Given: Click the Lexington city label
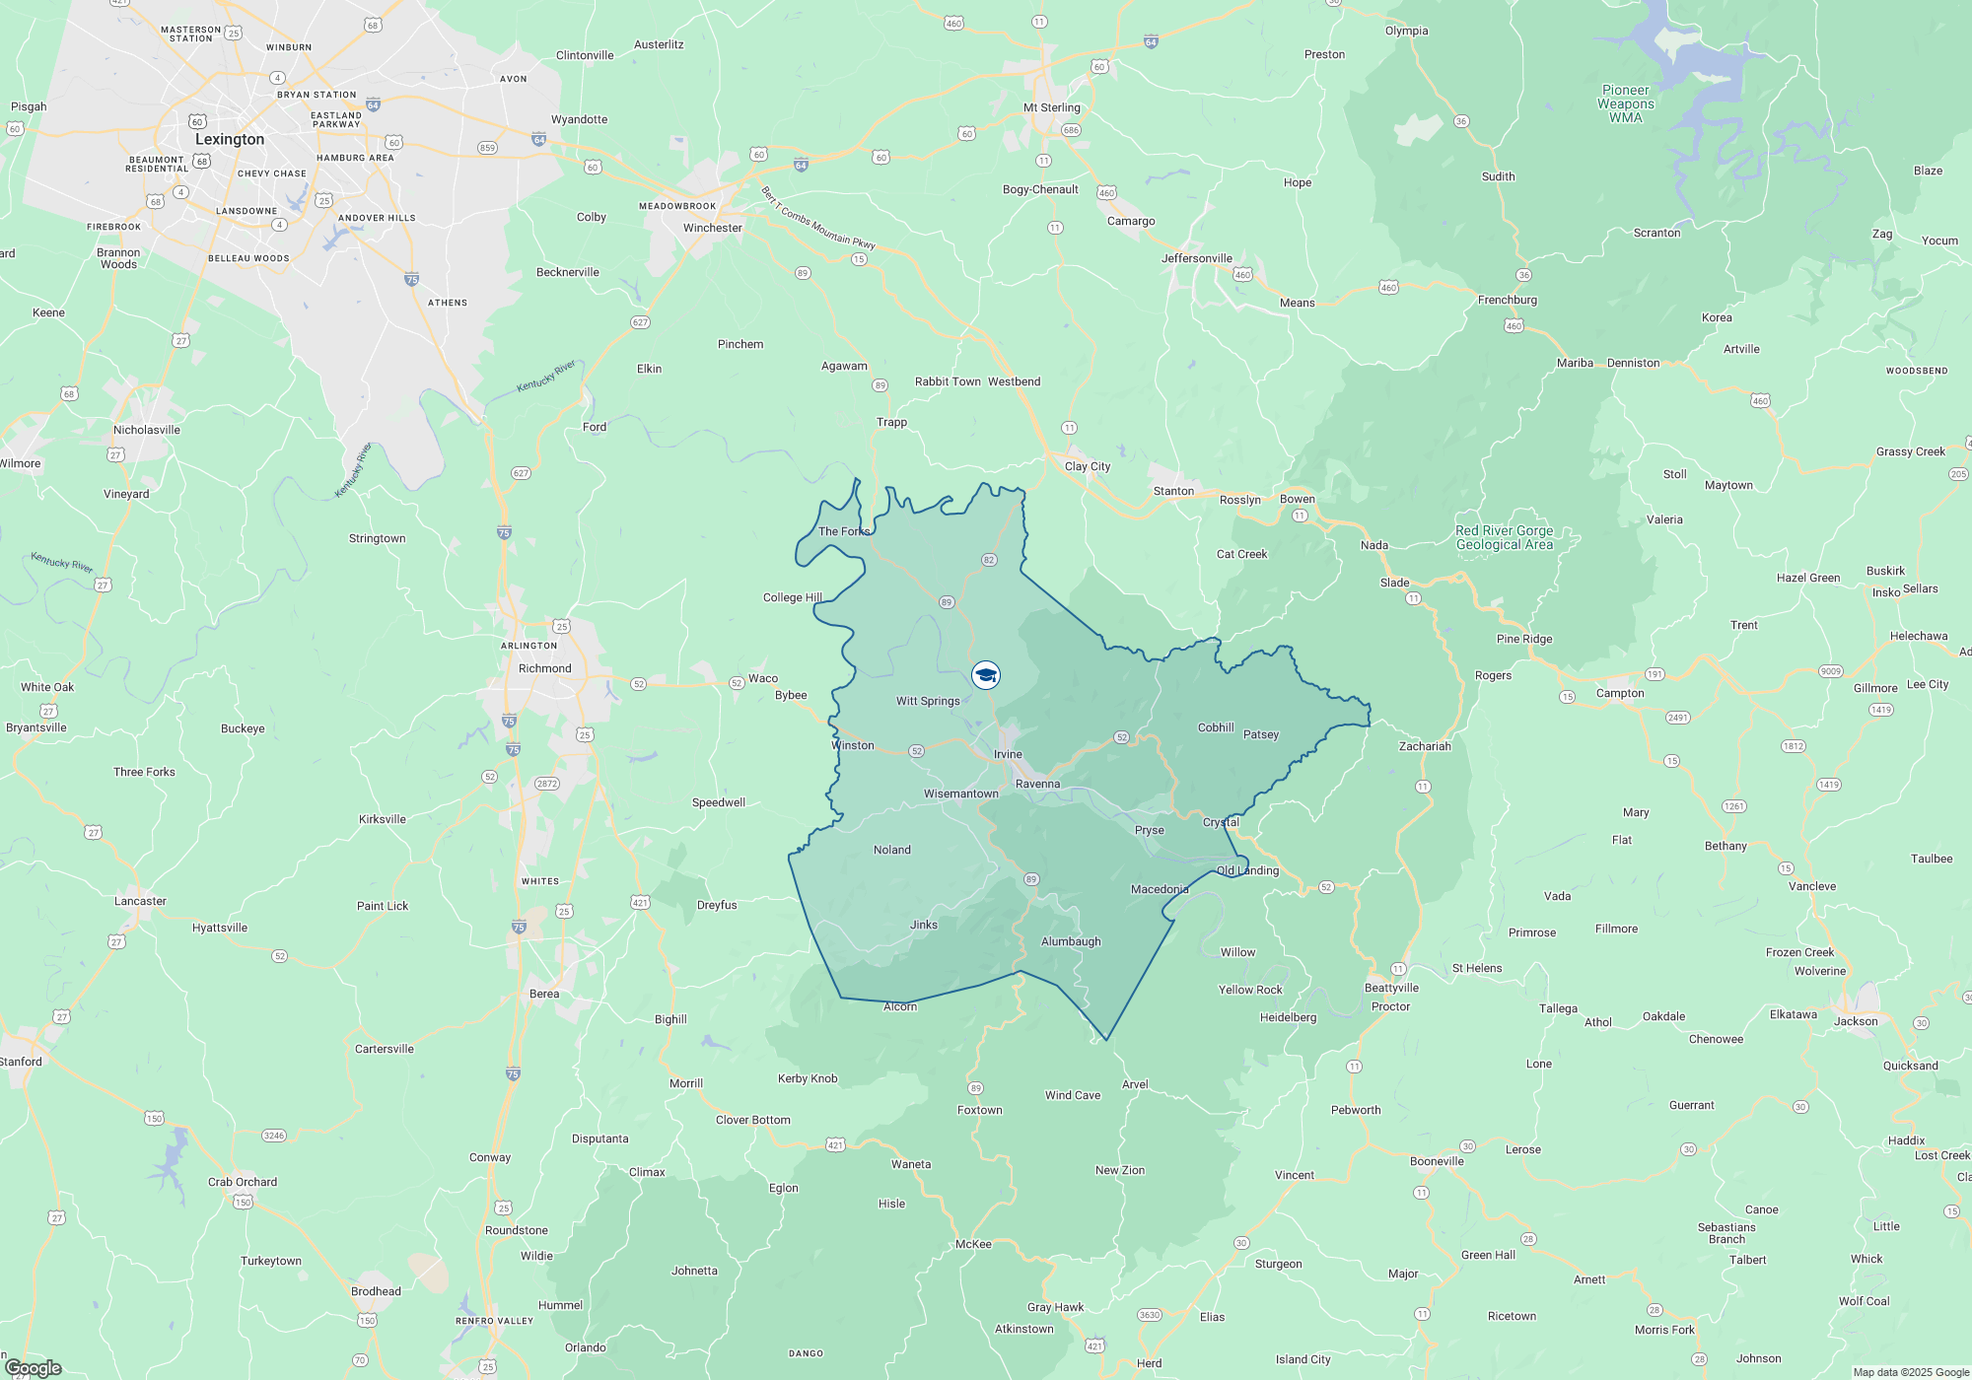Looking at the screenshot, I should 230,140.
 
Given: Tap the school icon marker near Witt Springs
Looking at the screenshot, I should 986,675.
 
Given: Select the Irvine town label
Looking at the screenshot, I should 1008,754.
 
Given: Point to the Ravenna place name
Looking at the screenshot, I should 1037,784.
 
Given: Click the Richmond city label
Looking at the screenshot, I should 544,668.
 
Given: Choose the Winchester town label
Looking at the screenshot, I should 712,228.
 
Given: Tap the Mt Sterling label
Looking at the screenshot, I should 1051,107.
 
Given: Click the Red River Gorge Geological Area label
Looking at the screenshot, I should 1504,537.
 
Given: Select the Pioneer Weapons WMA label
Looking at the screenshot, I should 1626,103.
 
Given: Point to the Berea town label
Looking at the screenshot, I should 544,994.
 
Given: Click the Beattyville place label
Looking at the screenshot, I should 1391,988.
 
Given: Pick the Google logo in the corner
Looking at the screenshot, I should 34,1367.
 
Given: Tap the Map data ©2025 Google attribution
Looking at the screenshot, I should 1910,1372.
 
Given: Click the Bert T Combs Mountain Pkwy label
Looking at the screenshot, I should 817,218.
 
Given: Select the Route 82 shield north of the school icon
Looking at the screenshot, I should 989,560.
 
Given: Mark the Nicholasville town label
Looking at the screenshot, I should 146,430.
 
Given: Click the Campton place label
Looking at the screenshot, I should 1620,693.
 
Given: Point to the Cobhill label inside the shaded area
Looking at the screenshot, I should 1216,727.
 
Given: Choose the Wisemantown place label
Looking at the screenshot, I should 960,793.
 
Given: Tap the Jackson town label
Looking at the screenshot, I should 1856,1021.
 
